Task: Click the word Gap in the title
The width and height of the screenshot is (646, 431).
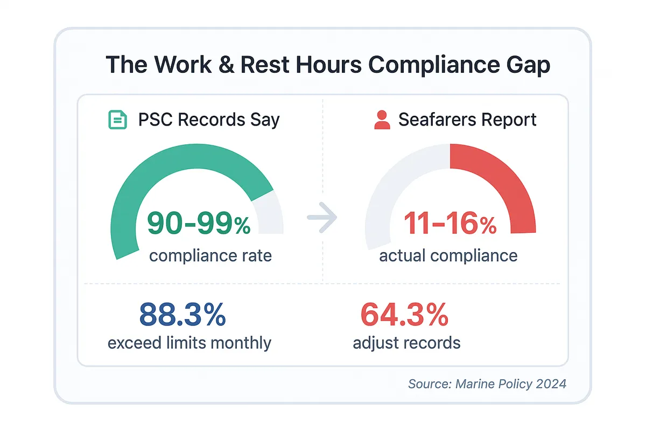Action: [x=527, y=65]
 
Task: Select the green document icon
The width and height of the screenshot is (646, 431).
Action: [x=118, y=120]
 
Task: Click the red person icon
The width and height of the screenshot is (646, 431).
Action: [x=382, y=120]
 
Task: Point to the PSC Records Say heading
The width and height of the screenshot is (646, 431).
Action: [x=209, y=120]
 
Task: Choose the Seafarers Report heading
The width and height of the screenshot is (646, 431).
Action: [x=467, y=120]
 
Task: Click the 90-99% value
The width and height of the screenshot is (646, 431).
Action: [x=199, y=223]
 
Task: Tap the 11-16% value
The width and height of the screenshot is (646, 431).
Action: [x=450, y=223]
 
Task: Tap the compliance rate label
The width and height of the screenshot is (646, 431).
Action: [x=210, y=255]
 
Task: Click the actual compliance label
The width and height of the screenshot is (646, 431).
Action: [x=448, y=255]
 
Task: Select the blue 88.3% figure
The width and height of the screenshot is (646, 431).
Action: [x=182, y=315]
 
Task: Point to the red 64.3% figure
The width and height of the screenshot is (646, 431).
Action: [x=404, y=315]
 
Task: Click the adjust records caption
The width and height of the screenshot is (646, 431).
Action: [x=406, y=343]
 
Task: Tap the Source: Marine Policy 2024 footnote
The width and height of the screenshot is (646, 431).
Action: [x=487, y=384]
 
